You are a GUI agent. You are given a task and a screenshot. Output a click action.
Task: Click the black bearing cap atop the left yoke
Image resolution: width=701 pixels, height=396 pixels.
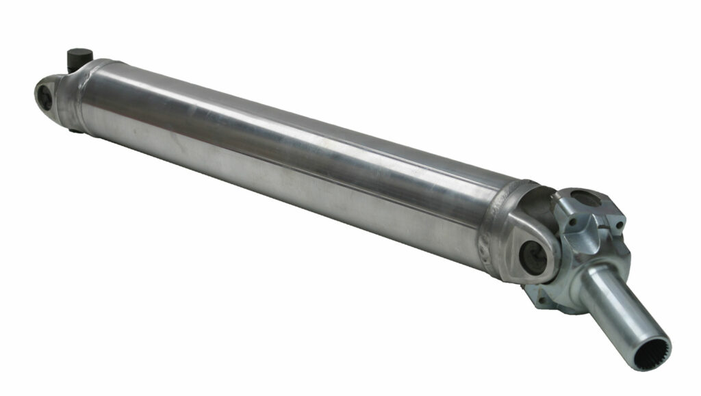81,57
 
